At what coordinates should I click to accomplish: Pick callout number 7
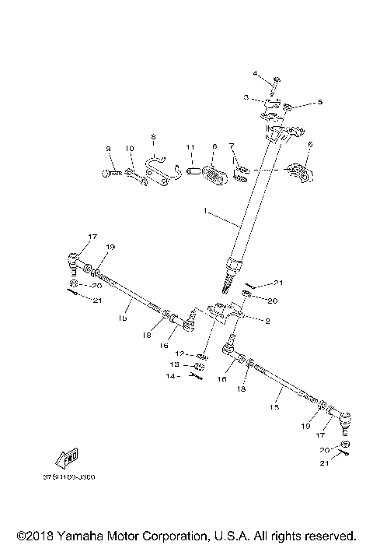pos(231,146)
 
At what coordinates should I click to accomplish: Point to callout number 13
pos(176,365)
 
